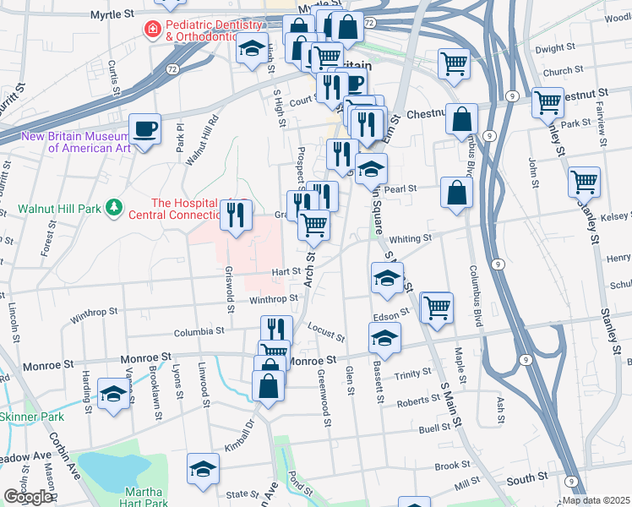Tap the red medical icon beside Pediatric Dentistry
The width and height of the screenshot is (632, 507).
coord(152,30)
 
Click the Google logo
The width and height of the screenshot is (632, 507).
coord(28,496)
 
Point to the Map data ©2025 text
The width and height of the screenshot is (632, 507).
coord(597,500)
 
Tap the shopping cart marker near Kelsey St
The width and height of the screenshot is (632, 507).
coord(584,181)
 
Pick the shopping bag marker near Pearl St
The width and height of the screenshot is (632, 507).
coord(456,192)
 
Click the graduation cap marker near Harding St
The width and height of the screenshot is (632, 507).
coord(113,394)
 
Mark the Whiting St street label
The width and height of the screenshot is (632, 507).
coord(411,239)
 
